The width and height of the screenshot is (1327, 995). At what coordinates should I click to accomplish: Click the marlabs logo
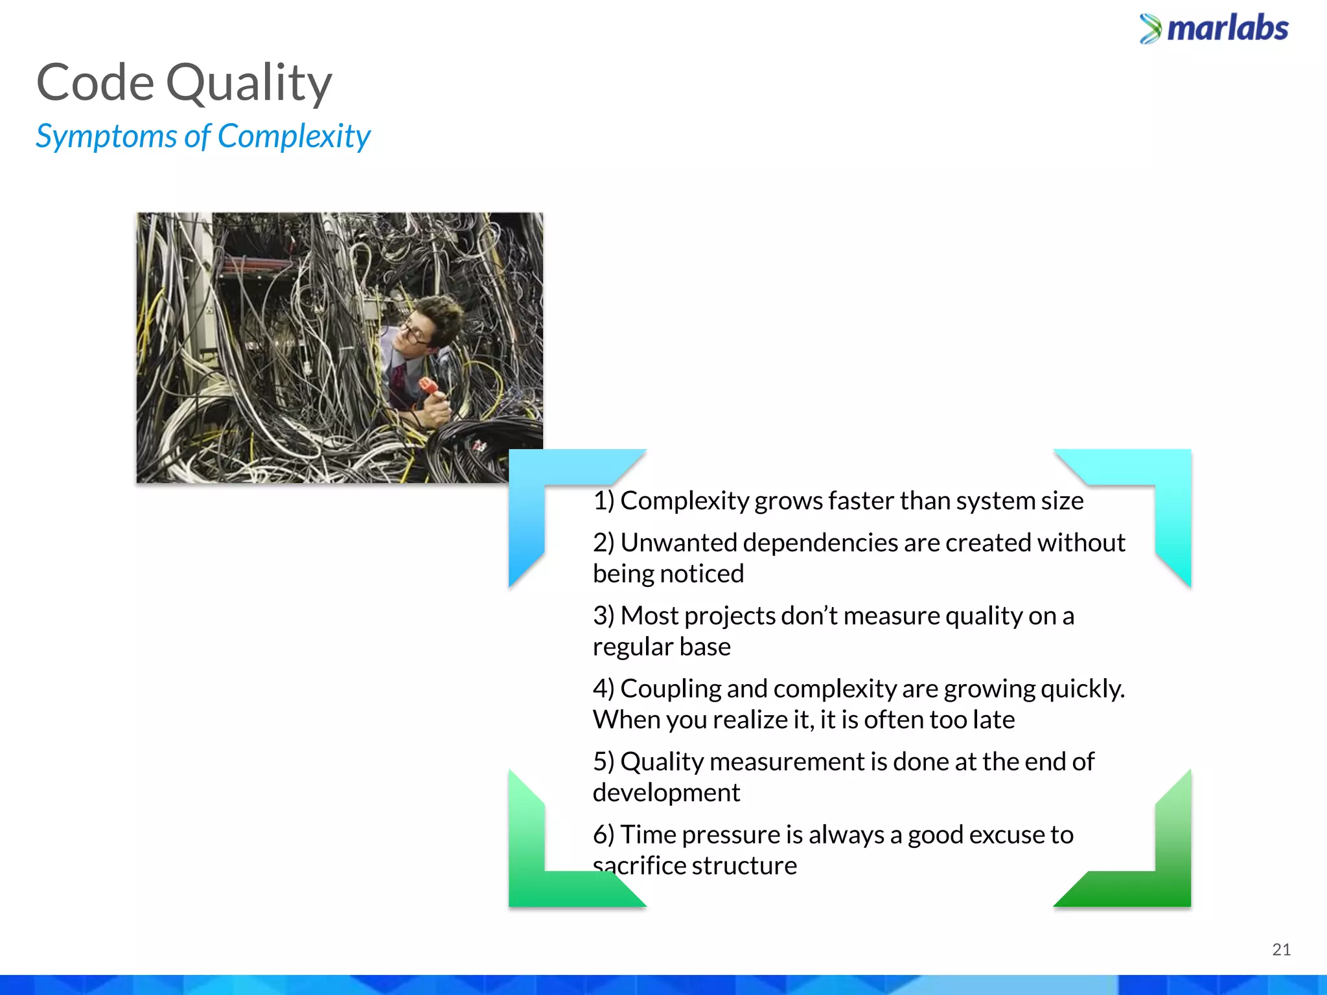1214,29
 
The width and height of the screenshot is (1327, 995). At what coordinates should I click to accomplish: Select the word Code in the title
95,83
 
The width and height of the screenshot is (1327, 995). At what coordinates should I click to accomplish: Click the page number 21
1281,950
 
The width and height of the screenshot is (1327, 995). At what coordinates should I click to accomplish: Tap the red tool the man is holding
428,387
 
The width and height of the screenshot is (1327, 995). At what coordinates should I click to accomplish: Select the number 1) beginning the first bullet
603,501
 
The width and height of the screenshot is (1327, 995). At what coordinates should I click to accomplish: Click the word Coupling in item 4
670,689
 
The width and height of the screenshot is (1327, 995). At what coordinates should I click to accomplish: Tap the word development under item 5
666,793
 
